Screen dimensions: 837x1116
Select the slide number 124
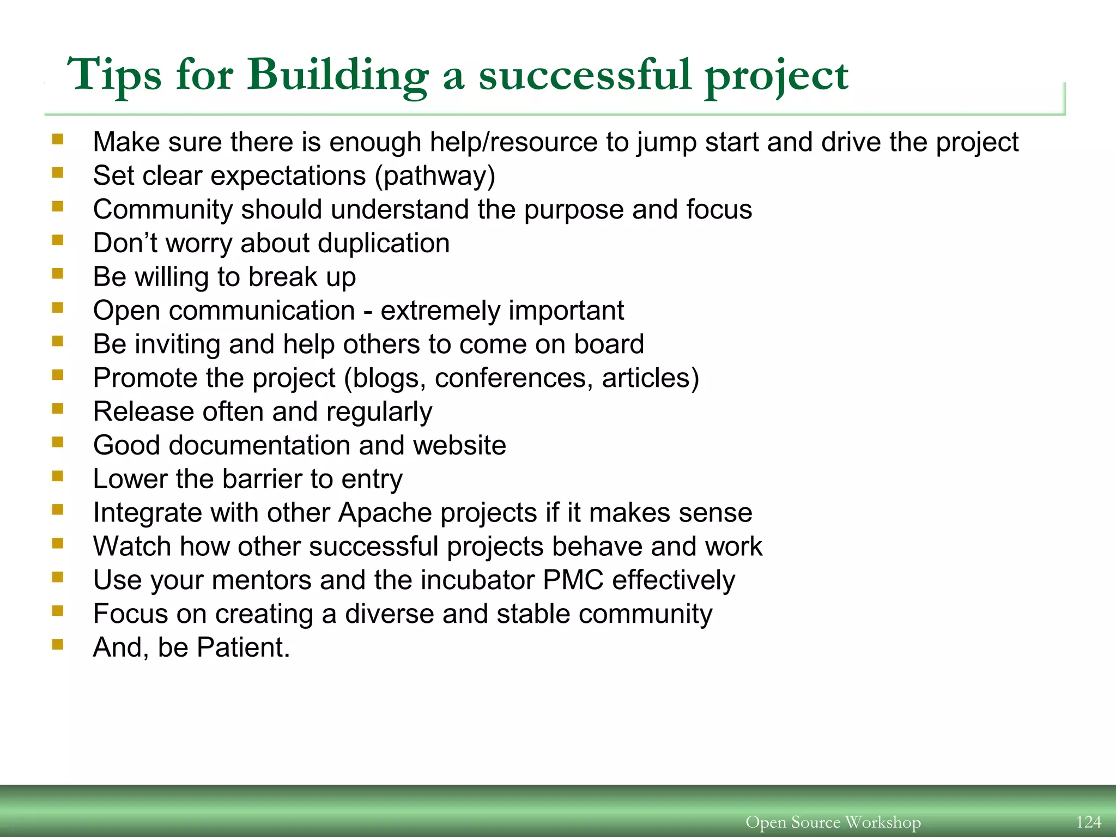click(x=1088, y=822)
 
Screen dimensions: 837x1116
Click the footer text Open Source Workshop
click(x=833, y=822)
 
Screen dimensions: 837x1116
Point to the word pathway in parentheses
click(x=435, y=176)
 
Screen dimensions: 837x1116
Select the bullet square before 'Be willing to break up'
click(x=58, y=274)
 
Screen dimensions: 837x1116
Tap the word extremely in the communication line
click(x=440, y=311)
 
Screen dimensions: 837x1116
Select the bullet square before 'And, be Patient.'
click(x=58, y=645)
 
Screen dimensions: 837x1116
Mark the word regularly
click(x=379, y=412)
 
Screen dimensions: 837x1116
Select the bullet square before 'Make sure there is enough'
click(x=58, y=139)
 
